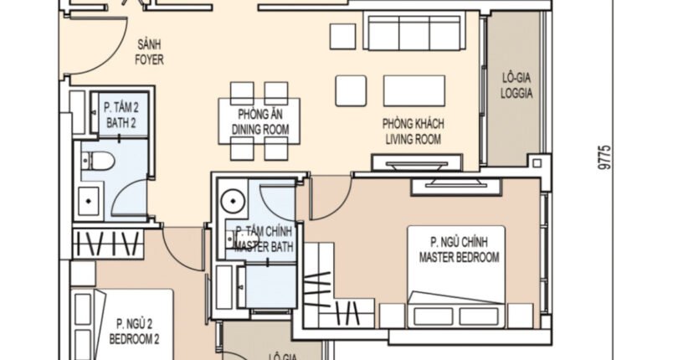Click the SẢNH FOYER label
pos(150,53)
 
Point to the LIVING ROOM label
pos(413,131)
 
